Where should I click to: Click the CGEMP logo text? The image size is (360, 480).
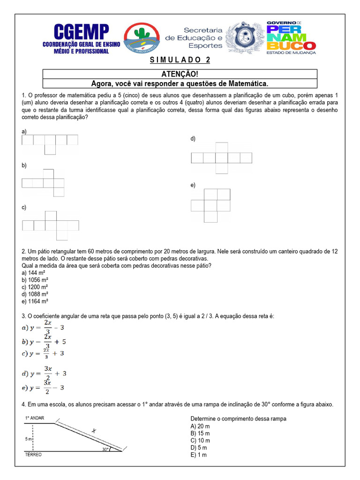pyautogui.click(x=82, y=32)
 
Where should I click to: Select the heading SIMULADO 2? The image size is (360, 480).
pyautogui.click(x=180, y=60)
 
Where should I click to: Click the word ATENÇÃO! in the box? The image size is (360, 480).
pyautogui.click(x=180, y=74)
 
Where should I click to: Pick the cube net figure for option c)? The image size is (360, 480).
pyautogui.click(x=51, y=225)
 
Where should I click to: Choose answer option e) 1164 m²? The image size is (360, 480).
pyautogui.click(x=35, y=301)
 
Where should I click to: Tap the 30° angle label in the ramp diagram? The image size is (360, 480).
pyautogui.click(x=105, y=449)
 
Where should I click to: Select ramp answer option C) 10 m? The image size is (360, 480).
pyautogui.click(x=200, y=440)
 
